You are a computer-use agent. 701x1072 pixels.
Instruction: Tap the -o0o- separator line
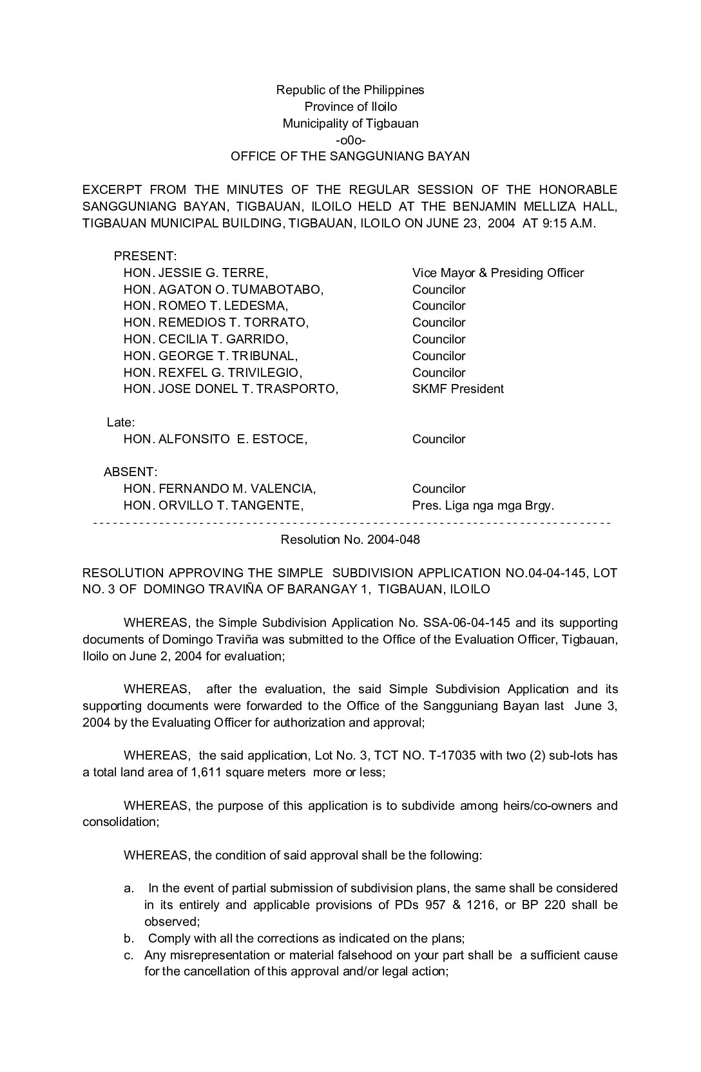(350, 140)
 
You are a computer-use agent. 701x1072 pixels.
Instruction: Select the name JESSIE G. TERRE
(213, 273)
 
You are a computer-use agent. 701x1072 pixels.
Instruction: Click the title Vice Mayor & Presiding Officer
(497, 273)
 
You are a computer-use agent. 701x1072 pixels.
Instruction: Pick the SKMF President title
(457, 389)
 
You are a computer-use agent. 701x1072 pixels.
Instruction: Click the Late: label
(120, 423)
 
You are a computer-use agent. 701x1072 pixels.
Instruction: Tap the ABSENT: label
(130, 472)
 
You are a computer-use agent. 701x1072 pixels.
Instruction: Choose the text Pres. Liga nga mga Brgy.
(483, 506)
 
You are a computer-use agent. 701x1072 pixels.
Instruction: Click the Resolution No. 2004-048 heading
(350, 540)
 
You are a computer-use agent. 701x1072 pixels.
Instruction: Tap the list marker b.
(130, 939)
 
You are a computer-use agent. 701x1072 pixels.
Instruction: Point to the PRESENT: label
(145, 256)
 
